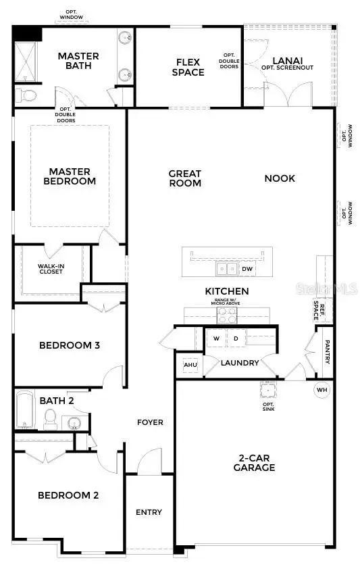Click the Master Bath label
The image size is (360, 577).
coord(78,61)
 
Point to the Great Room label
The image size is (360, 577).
coord(184,178)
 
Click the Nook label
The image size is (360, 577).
coord(280,178)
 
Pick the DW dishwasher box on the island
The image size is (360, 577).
coord(247,269)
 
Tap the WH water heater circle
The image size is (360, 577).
coord(322,390)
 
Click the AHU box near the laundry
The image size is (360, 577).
coord(189,366)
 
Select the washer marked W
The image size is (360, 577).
coord(217,338)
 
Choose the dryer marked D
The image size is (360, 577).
coord(236,338)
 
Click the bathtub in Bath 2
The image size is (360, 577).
coord(25,409)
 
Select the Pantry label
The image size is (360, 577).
coord(327,352)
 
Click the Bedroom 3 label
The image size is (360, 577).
coord(70,345)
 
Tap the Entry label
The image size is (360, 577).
coord(149,512)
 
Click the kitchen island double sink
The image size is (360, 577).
coord(226,269)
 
